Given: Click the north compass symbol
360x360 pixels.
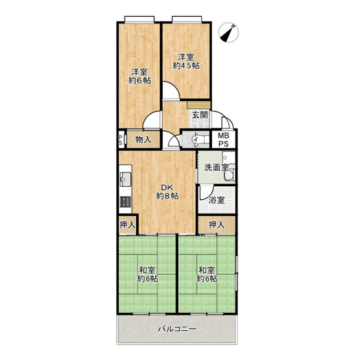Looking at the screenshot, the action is [228, 32].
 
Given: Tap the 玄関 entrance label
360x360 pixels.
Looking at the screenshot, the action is [200, 115].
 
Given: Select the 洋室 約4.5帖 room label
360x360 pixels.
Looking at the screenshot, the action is [186, 62].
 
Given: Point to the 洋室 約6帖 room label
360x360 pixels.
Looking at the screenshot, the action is [139, 77].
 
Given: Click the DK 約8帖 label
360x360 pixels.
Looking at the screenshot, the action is [167, 192].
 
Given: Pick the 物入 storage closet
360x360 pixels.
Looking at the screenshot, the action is [143, 139].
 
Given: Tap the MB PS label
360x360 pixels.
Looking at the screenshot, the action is [223, 139].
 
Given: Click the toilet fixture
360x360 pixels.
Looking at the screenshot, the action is [199, 139].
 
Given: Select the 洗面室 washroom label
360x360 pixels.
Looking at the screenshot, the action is [216, 167].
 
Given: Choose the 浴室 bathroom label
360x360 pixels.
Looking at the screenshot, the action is [217, 200].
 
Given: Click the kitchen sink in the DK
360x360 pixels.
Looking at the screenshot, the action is [125, 179].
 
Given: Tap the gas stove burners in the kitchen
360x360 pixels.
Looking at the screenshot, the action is [125, 202].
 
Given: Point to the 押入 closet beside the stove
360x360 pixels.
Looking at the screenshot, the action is [127, 225].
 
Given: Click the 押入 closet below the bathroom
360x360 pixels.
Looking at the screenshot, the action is [217, 225].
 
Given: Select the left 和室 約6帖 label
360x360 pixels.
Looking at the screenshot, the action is [147, 274].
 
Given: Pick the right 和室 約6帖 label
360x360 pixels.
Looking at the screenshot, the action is [207, 274].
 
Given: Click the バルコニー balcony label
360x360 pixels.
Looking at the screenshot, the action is [177, 329].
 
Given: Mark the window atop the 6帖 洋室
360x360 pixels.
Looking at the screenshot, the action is [139, 19].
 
